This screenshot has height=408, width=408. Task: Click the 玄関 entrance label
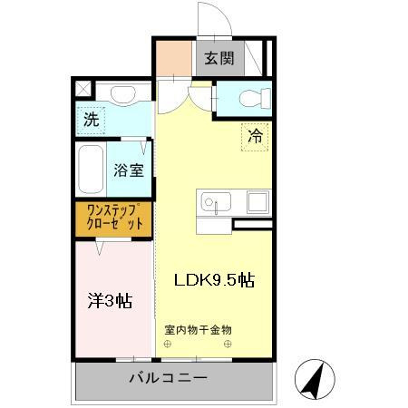(x=218, y=60)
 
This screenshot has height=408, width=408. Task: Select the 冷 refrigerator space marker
(x=255, y=137)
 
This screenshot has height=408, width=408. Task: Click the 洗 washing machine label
(x=91, y=119)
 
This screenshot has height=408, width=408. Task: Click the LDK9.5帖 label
(x=214, y=279)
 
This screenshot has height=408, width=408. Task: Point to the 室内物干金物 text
(x=199, y=329)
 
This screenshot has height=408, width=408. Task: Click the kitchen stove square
(x=258, y=201)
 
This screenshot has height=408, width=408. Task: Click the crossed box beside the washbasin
(x=83, y=90)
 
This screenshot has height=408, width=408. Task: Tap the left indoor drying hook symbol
(x=168, y=345)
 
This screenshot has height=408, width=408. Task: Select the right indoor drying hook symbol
(x=229, y=345)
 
